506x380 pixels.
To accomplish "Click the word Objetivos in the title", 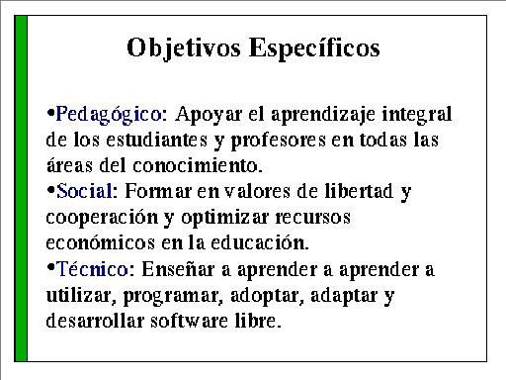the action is [184, 48].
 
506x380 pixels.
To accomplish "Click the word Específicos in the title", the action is [314, 48].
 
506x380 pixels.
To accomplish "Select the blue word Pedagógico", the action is [109, 115].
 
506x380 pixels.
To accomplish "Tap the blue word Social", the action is [84, 191].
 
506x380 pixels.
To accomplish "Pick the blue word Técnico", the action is [92, 268].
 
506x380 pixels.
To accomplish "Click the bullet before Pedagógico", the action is [50, 113].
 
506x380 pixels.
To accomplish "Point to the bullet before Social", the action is [50, 190].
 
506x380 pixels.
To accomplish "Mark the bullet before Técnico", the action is [50, 267].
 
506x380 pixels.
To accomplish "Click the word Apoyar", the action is [209, 115].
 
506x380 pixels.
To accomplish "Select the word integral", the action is [417, 115].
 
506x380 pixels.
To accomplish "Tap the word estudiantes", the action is [157, 140].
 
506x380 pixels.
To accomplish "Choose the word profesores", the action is [279, 141].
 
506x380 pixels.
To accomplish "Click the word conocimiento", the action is [197, 165].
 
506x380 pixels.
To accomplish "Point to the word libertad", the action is [359, 191].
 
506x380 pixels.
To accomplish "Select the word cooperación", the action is [102, 218].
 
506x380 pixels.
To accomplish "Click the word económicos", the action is [101, 242].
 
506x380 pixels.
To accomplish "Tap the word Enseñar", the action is [178, 268].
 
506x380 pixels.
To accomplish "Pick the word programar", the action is [171, 296].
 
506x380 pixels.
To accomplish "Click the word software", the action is [189, 320].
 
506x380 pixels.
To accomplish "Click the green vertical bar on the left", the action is [21, 188].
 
